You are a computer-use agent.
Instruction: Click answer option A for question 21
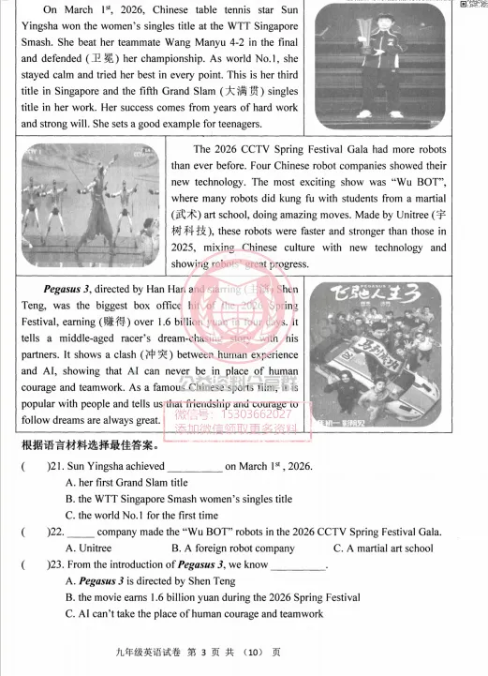pyautogui.click(x=126, y=483)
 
